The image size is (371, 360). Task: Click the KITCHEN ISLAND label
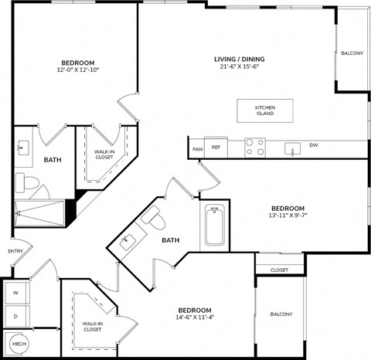point(265,110)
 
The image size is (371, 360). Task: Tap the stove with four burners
point(254,146)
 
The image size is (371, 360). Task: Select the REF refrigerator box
point(216,147)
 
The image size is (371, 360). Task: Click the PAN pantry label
point(197,148)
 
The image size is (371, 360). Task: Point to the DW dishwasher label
point(313,145)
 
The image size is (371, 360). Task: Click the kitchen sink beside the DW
point(292,148)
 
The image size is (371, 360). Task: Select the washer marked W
point(15,294)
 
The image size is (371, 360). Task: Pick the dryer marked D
point(15,316)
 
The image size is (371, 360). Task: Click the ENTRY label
point(15,251)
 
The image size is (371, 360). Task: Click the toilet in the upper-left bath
point(29,182)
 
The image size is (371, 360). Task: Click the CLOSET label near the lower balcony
point(280,270)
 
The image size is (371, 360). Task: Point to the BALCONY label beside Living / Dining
point(352,53)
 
